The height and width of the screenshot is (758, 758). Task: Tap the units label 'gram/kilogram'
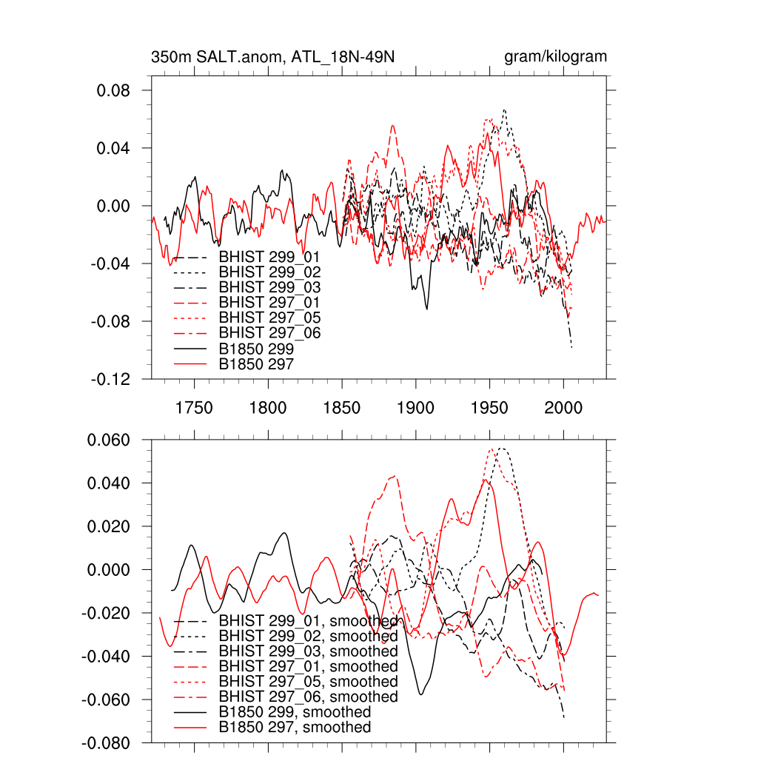555,57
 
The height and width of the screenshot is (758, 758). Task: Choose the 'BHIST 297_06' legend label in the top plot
269,333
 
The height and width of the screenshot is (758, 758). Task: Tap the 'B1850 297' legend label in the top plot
257,363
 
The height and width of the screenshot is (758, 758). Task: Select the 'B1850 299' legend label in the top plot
257,349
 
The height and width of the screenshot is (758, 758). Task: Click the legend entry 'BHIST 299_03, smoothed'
308,651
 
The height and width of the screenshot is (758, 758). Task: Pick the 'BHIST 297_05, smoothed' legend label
308,682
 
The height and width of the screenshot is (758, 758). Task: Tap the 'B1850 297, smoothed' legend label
295,728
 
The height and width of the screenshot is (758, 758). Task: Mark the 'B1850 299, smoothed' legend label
295,712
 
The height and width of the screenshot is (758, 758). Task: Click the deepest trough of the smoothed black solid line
421,694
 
